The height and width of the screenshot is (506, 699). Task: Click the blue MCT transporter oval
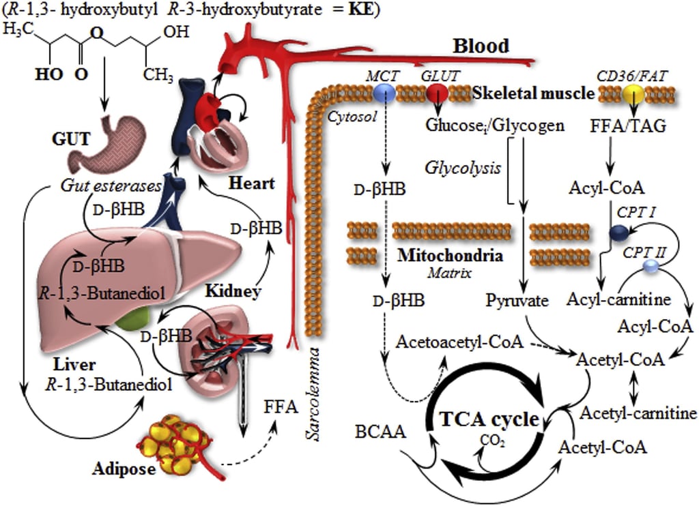[x=386, y=93]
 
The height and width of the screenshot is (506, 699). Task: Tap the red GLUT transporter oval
[x=436, y=93]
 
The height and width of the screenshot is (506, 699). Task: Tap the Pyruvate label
[x=518, y=300]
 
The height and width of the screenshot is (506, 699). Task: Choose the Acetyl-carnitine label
[x=638, y=413]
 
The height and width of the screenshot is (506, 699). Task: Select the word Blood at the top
[x=481, y=46]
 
